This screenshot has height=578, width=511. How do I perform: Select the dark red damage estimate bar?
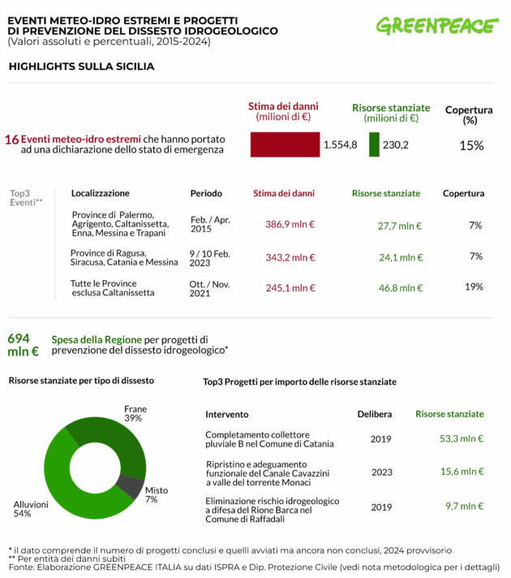click(x=284, y=144)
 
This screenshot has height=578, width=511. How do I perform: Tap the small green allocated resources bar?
click(x=374, y=144)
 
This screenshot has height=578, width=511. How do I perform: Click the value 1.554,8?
click(x=340, y=144)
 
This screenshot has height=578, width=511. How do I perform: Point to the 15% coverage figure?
click(x=471, y=145)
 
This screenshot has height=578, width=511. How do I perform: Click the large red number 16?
click(x=11, y=139)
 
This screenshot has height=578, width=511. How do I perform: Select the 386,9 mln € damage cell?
click(x=290, y=225)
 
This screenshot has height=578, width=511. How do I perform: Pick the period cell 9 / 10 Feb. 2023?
click(x=210, y=257)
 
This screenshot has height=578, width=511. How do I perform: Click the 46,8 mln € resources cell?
click(x=399, y=287)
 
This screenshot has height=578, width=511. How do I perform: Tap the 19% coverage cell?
click(x=474, y=287)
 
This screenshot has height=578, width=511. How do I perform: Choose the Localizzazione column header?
click(x=100, y=193)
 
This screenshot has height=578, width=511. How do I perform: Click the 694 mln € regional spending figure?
click(x=23, y=345)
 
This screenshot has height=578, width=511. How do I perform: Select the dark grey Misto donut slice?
click(x=128, y=486)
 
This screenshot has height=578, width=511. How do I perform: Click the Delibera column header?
click(x=375, y=414)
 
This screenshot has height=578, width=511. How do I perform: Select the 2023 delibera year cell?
click(x=380, y=471)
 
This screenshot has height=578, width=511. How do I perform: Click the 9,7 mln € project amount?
click(x=465, y=506)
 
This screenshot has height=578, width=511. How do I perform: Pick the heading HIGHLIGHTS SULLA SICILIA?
click(x=81, y=67)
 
